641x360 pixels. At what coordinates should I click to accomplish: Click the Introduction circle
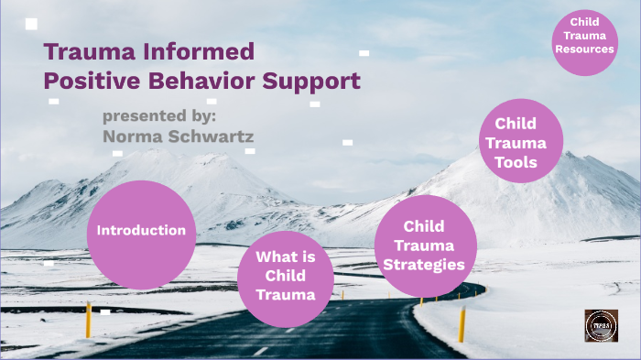[142, 231]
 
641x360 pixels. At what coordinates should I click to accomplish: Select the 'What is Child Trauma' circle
[286, 276]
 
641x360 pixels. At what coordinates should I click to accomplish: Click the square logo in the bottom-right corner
[601, 325]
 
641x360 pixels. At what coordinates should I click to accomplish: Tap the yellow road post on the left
[89, 320]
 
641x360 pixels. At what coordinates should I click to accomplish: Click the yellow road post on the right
[462, 325]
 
